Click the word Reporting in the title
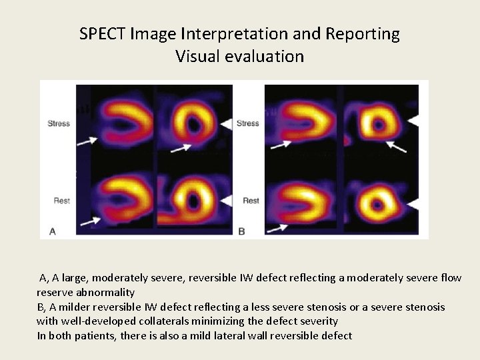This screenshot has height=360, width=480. (x=365, y=33)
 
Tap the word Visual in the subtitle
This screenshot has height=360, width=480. (x=197, y=56)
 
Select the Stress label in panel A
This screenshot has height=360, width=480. (x=59, y=123)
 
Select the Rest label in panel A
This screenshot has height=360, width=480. (x=62, y=200)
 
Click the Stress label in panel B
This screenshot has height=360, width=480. (x=248, y=123)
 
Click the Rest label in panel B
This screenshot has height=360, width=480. (x=251, y=200)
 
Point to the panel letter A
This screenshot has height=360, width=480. (x=53, y=231)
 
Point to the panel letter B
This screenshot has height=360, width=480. (x=241, y=231)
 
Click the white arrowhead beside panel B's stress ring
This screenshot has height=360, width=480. (x=414, y=121)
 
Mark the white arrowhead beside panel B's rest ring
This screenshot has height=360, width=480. (x=414, y=200)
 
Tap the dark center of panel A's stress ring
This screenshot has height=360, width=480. (x=195, y=123)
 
